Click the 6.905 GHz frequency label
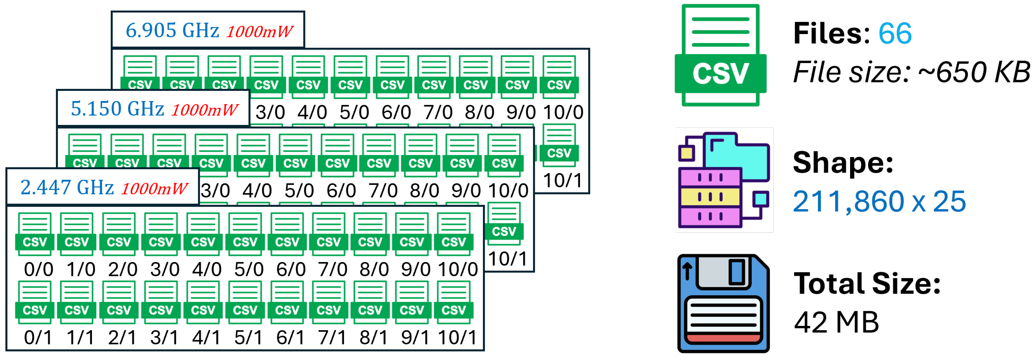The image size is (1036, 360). pyautogui.click(x=172, y=31)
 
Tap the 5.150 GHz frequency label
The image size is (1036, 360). pyautogui.click(x=117, y=109)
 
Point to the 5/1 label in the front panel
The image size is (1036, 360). pyautogui.click(x=248, y=337)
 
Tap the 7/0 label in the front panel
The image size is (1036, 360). pyautogui.click(x=333, y=269)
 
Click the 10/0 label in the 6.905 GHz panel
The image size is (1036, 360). pyautogui.click(x=563, y=112)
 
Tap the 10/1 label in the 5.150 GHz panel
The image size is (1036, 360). pyautogui.click(x=508, y=259)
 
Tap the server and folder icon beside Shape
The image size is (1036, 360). pyautogui.click(x=724, y=180)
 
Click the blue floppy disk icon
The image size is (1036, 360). pyautogui.click(x=723, y=304)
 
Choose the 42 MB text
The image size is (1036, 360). pyautogui.click(x=836, y=322)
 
